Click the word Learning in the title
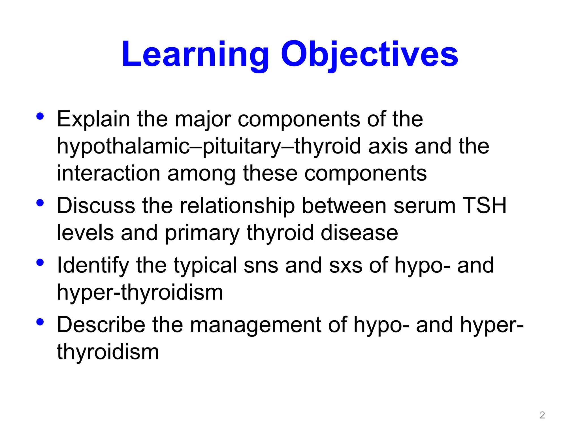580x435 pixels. (x=195, y=54)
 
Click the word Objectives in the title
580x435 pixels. (x=369, y=54)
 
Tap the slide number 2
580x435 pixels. (x=542, y=415)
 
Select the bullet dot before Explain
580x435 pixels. (x=40, y=116)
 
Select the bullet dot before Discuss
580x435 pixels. (x=40, y=203)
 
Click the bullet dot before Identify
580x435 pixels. (x=40, y=262)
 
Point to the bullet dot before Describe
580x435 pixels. (x=40, y=322)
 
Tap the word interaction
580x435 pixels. (x=108, y=173)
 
